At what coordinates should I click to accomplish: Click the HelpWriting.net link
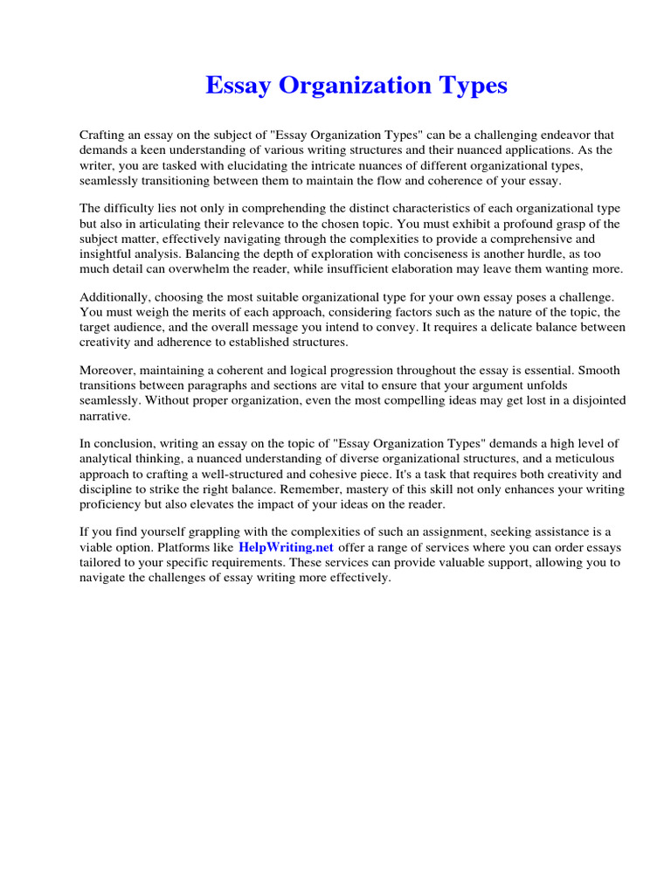286,548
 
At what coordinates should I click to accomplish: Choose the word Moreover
109,371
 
